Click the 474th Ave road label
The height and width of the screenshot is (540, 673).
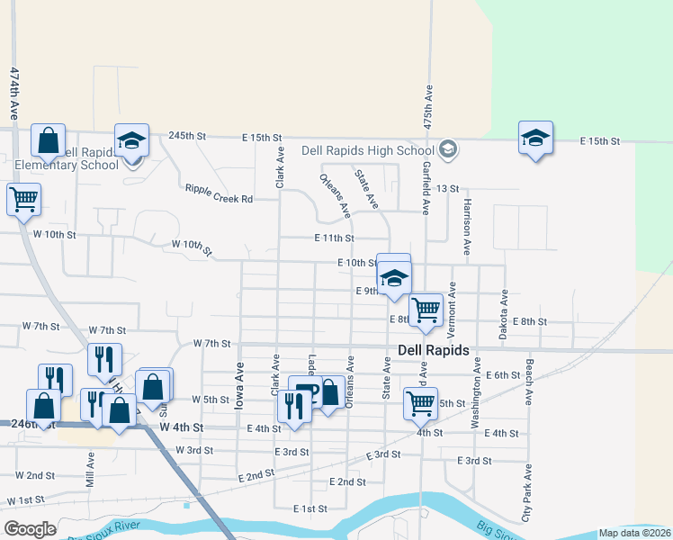click(x=13, y=94)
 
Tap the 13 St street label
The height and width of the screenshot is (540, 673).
click(x=447, y=188)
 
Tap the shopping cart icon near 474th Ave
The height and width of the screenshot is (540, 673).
click(x=23, y=198)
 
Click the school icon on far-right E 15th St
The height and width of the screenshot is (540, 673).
click(x=535, y=138)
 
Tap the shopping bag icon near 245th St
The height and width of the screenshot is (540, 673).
click(x=48, y=140)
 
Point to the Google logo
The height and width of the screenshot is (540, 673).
click(x=30, y=529)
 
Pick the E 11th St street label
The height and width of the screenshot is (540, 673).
click(x=335, y=238)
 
